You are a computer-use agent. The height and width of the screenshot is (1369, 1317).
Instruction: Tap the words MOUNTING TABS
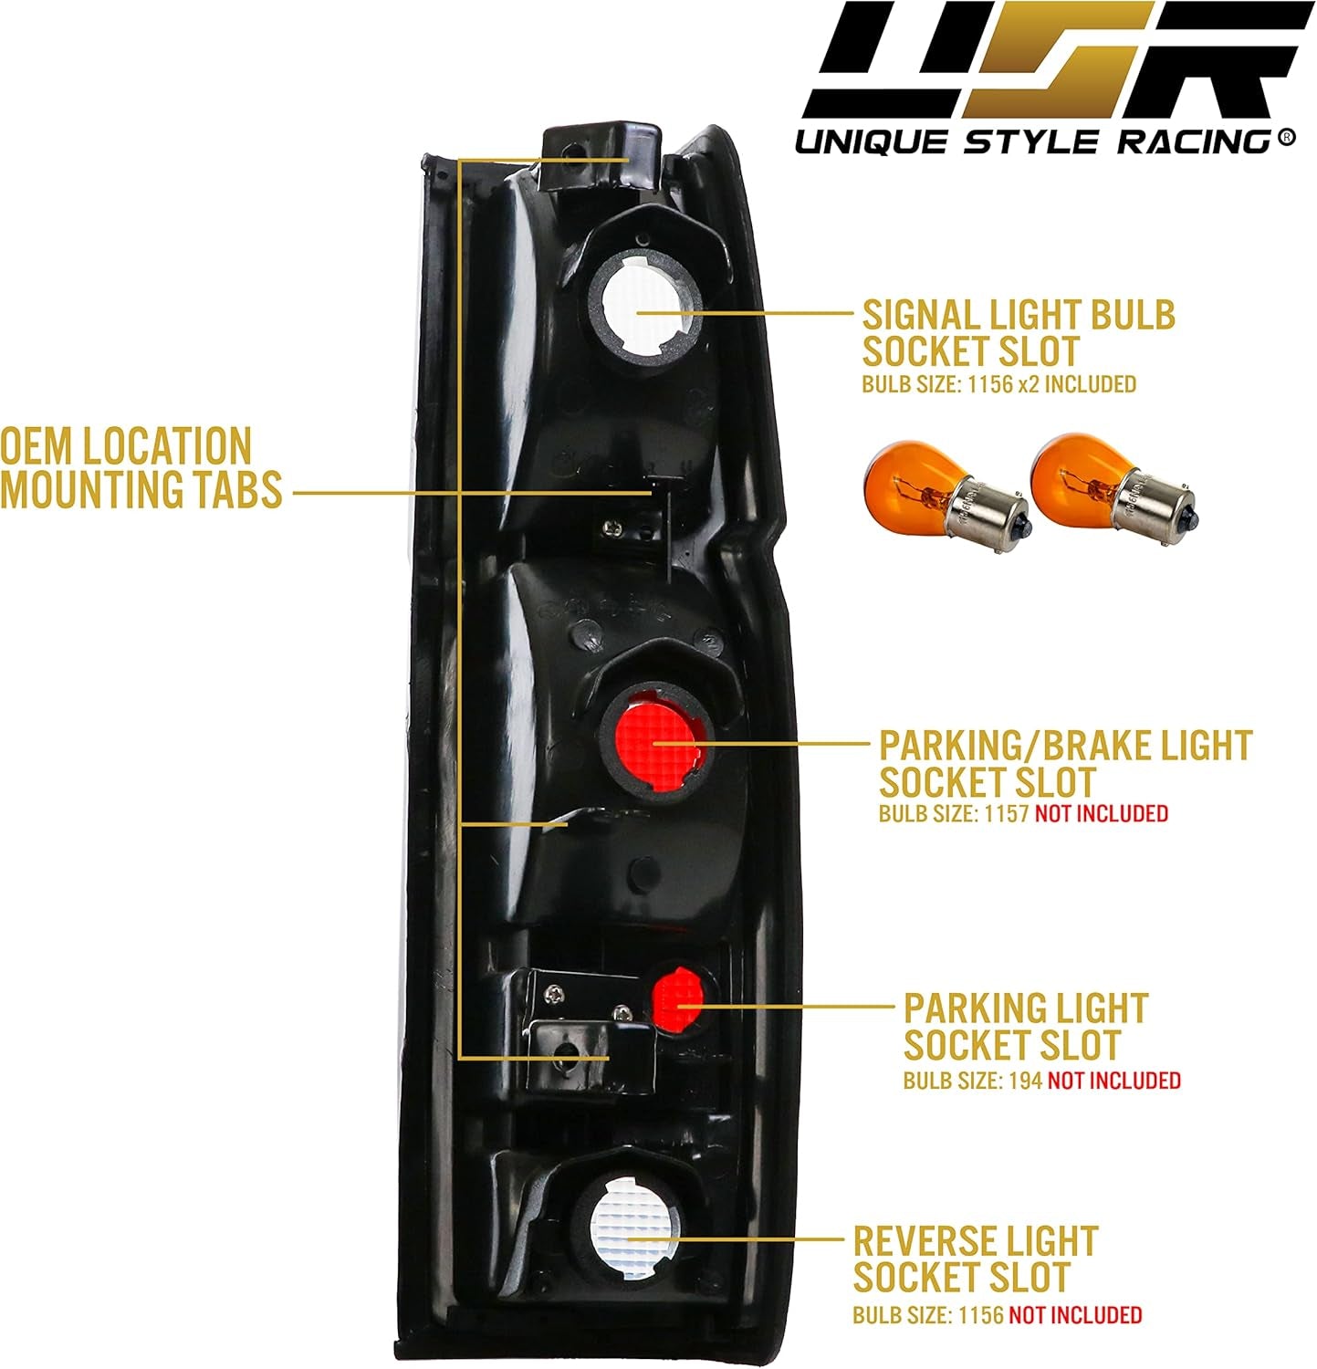[141, 491]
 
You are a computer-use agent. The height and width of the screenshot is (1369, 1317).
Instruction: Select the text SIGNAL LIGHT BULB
[1018, 315]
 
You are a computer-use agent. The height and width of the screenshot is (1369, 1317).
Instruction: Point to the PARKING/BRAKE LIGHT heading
[1064, 746]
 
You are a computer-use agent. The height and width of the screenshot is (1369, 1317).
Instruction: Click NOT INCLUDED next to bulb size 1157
[1101, 812]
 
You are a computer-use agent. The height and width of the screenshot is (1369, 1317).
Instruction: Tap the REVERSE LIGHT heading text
[975, 1241]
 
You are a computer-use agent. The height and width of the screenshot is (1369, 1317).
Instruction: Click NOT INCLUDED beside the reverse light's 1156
[1075, 1315]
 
